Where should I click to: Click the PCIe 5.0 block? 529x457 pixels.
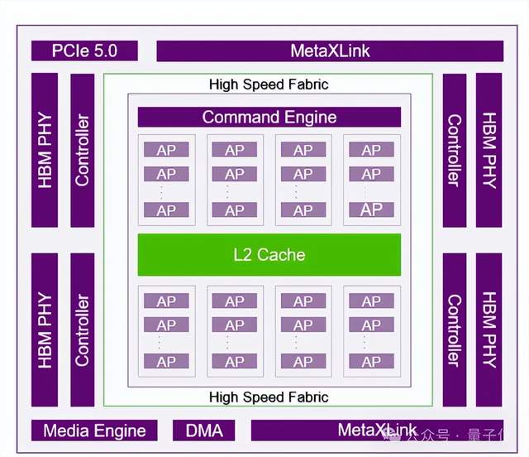pos(83,51)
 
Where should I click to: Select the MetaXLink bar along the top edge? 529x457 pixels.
pos(330,51)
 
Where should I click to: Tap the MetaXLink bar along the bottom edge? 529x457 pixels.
pos(376,430)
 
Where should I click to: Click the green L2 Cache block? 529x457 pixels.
pos(269,254)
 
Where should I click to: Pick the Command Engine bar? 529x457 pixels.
pos(269,117)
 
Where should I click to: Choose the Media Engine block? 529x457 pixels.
pos(94,431)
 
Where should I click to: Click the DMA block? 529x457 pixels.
pos(203,431)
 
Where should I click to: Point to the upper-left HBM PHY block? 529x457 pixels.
pos(45,150)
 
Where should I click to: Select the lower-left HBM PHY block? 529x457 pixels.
pos(45,330)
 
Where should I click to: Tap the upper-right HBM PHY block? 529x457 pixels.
pos(488,150)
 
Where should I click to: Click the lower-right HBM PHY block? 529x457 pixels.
pos(488,330)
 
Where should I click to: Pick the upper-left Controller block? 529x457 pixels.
pos(83,150)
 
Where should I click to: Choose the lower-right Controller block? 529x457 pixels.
pos(454,330)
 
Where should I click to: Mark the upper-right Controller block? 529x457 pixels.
pos(454,150)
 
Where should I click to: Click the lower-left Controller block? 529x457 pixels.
pos(83,330)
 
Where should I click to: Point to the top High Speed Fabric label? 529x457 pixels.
pos(269,84)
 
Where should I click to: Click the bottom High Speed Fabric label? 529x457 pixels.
pos(269,397)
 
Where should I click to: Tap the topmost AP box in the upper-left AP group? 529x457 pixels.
pos(166,150)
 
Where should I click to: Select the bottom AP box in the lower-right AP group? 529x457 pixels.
pos(371,361)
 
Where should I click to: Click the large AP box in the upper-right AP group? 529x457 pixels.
pos(371,209)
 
